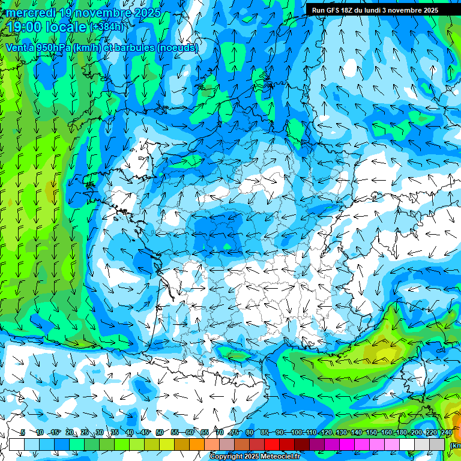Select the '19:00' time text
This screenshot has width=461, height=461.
pos(27,27)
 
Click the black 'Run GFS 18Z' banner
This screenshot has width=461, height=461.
pos(375,10)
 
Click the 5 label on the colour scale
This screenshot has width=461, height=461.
pos(23,432)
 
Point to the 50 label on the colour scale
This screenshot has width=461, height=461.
pos(159,432)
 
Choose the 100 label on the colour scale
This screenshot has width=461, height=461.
pos(296,432)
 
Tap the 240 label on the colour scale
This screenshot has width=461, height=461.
pos(446,432)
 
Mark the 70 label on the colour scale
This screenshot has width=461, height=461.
pos(220,432)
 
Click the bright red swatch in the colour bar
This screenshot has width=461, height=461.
pos(272,444)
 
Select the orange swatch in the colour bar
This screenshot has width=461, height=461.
pos(197,444)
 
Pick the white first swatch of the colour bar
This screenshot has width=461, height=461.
pos(17,444)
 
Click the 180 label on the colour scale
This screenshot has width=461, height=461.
pos(401,432)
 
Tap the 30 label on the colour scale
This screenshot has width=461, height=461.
pos(99,432)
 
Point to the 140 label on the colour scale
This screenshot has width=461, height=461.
pos(356,432)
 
